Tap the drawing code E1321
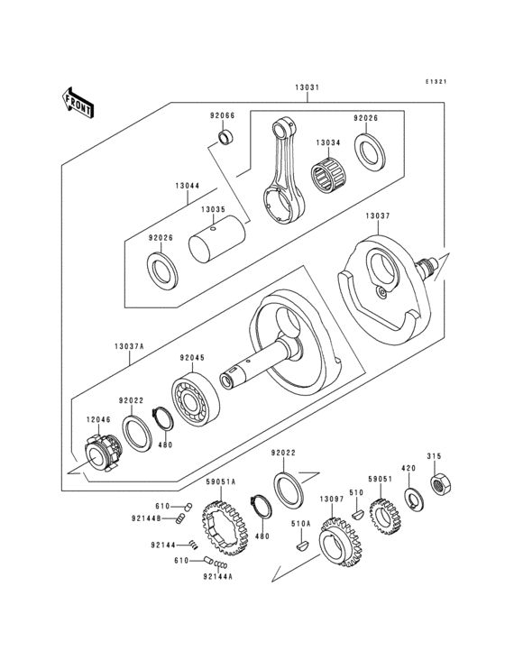437,82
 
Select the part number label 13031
306,88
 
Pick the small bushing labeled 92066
225,139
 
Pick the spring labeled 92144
193,545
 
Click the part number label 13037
377,217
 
